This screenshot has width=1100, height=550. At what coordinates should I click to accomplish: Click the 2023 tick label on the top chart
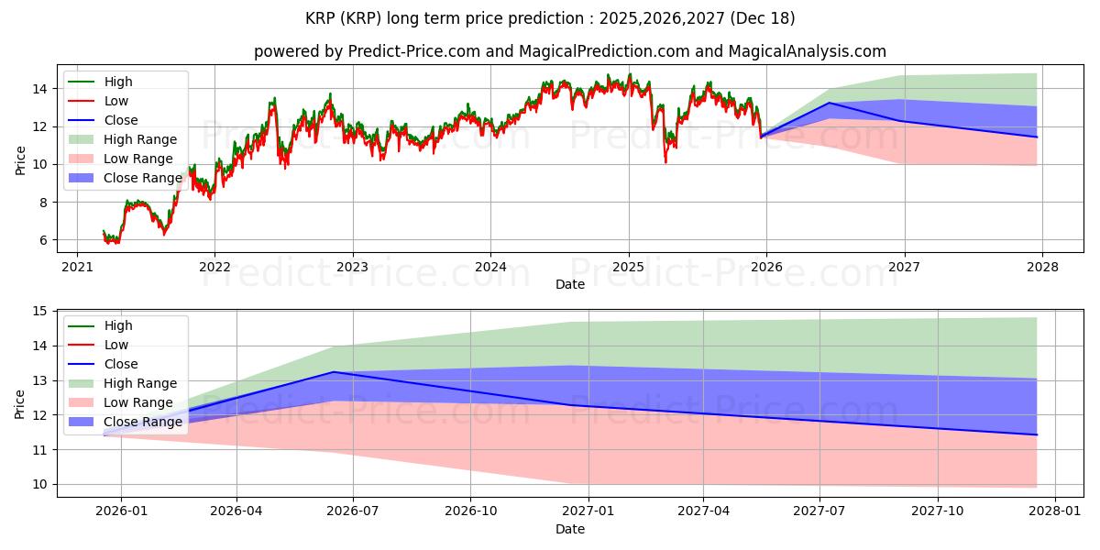point(353,268)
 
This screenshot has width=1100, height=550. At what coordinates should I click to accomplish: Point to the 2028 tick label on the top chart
point(1042,268)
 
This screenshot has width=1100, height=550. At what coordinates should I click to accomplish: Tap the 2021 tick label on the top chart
point(77,268)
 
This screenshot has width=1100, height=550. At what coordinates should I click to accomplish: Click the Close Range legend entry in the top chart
point(141,178)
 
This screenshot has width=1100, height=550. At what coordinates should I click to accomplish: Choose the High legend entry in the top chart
point(117,82)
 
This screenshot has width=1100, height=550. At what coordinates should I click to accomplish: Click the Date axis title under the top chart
point(569,285)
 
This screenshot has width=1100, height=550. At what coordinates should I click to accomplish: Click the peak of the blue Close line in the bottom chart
point(334,371)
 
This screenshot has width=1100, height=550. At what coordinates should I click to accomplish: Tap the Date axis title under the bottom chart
point(569,529)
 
